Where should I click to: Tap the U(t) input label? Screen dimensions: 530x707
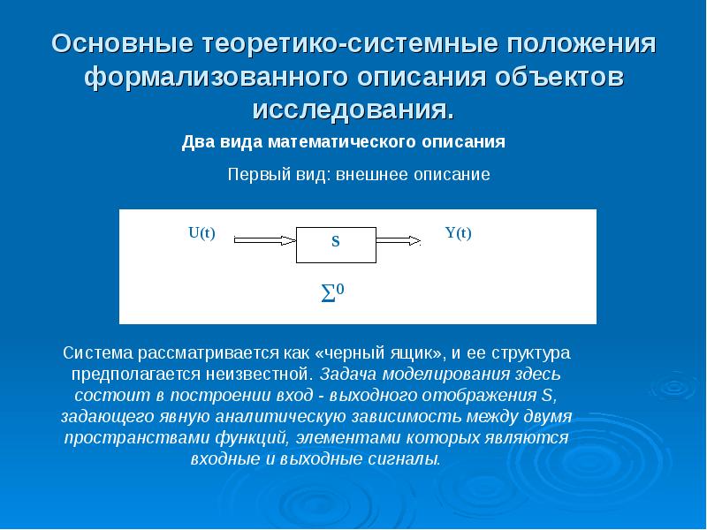click(x=201, y=233)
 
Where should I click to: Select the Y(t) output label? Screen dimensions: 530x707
click(x=458, y=233)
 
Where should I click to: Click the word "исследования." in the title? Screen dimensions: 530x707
click(x=353, y=110)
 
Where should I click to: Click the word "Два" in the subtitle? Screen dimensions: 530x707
click(x=199, y=141)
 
